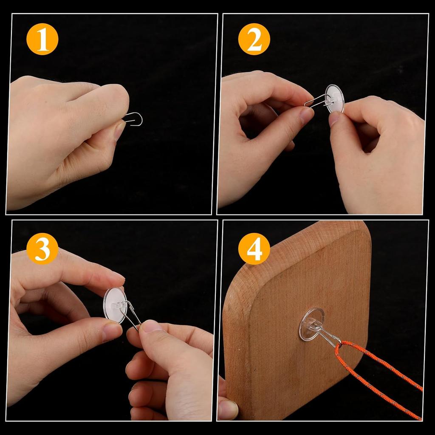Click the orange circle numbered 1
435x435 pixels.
click(42, 39)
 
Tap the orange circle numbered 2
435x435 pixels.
click(254, 39)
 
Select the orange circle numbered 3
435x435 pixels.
click(42, 249)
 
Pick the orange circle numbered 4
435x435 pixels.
click(254, 249)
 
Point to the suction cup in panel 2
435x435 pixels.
click(336, 99)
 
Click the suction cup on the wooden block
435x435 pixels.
click(311, 324)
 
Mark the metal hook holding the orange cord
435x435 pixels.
click(329, 336)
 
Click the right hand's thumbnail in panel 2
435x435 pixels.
click(334, 119)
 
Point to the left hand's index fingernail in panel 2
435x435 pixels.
click(305, 115)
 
